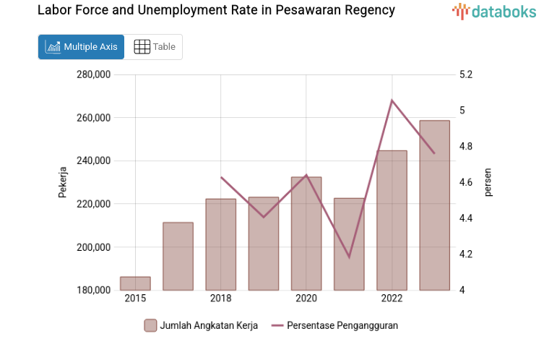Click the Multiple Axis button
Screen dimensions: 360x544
click(81, 47)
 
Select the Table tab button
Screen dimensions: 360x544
click(155, 47)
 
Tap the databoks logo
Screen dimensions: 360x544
click(494, 11)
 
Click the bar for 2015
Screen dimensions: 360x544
click(135, 283)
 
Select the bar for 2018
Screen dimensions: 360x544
click(221, 244)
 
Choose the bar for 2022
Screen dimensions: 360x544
click(392, 220)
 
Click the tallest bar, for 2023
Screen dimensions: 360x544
click(435, 205)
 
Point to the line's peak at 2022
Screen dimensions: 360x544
click(392, 100)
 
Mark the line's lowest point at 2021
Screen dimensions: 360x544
click(350, 257)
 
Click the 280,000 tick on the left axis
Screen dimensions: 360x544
click(92, 74)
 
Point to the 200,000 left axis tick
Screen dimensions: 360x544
click(92, 247)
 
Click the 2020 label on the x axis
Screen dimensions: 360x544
click(306, 299)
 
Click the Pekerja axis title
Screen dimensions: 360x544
click(63, 182)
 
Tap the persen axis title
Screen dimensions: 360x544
click(488, 182)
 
